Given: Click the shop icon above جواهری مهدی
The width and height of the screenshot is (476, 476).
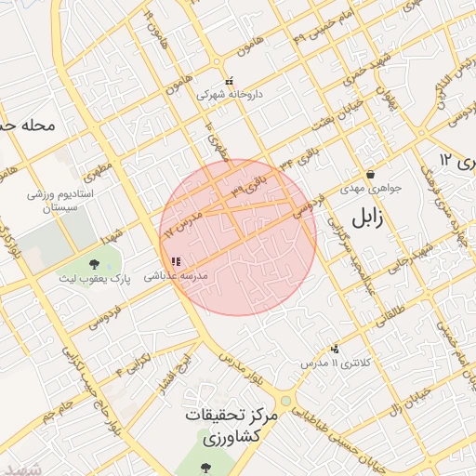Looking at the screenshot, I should (370, 174).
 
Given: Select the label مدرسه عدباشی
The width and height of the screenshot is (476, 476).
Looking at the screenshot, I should (180, 276).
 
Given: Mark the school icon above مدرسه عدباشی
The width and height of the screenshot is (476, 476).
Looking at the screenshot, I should (177, 261).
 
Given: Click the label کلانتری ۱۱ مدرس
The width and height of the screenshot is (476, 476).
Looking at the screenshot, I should (332, 362).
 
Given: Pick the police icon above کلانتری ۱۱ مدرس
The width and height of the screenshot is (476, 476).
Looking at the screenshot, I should (335, 348).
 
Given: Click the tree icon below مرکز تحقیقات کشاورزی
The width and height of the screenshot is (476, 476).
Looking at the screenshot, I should (207, 466).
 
